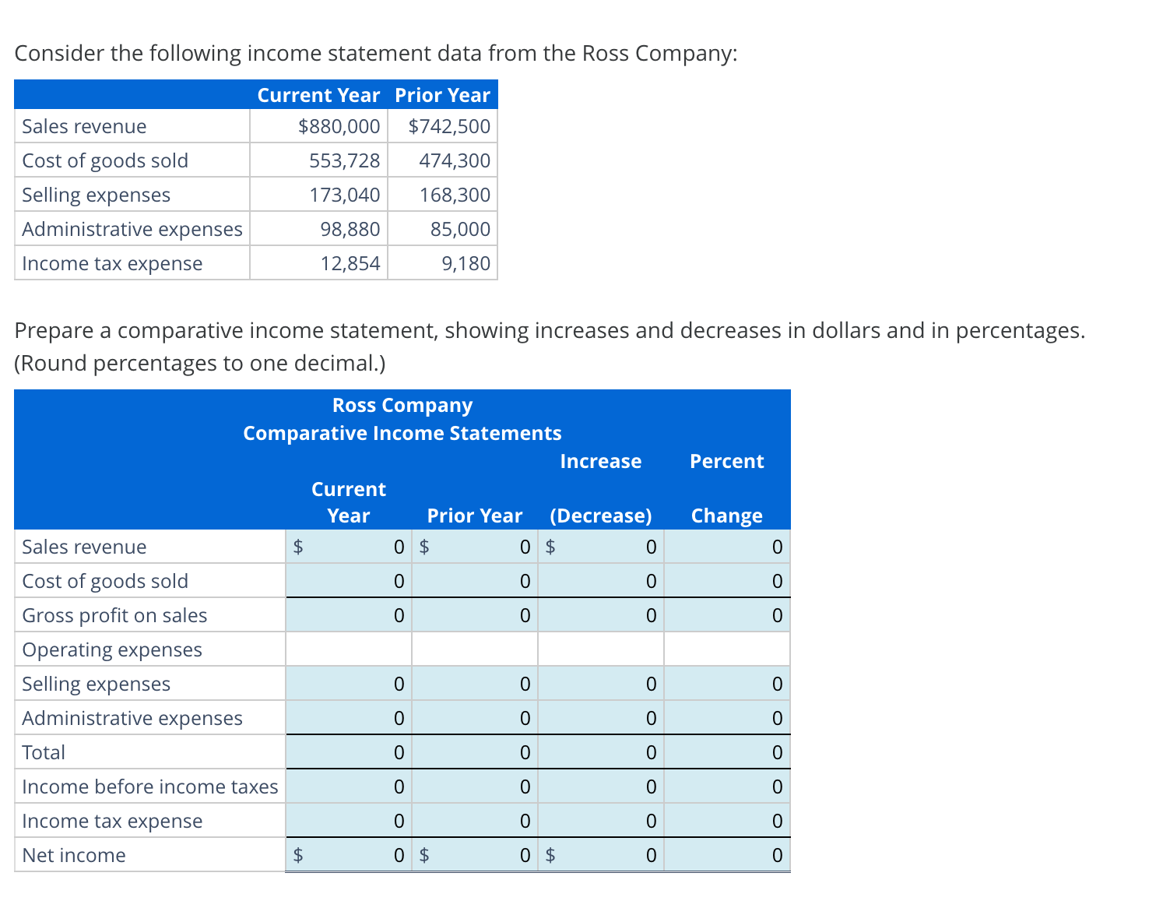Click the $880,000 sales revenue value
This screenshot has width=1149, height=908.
(339, 126)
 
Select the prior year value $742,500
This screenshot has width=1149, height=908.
(449, 126)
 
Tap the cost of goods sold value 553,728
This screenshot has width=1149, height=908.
(344, 160)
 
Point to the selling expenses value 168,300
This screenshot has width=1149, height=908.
(455, 195)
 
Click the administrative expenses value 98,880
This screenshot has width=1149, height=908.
(350, 229)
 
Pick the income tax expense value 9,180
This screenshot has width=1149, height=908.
(466, 263)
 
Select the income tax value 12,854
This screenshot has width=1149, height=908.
(350, 263)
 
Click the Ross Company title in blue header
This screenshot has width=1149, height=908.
(402, 405)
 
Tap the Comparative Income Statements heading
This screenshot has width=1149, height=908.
(402, 433)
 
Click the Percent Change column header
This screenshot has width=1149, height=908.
(726, 488)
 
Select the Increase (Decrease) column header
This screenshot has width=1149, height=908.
(600, 488)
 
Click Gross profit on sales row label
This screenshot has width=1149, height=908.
(114, 615)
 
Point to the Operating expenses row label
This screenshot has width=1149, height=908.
(112, 649)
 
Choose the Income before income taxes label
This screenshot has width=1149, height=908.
(149, 787)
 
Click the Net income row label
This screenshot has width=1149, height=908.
(74, 855)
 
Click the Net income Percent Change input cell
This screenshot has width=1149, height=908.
(727, 855)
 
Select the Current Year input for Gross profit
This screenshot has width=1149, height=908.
(349, 615)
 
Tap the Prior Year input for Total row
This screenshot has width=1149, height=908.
(475, 752)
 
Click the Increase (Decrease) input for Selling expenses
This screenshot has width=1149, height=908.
(601, 684)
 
